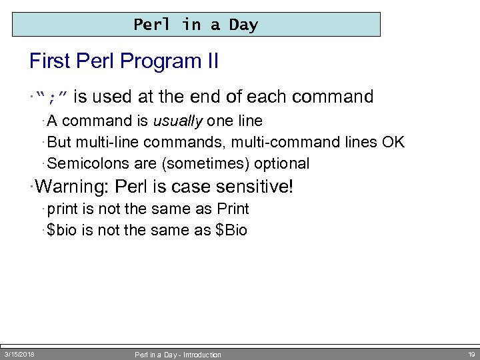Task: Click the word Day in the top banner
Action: [x=243, y=25]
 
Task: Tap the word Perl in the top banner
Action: [x=152, y=25]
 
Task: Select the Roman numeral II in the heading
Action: [x=210, y=62]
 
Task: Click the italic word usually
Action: [x=178, y=121]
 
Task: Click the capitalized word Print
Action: [x=233, y=209]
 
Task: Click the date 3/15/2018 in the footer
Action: [x=20, y=354]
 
